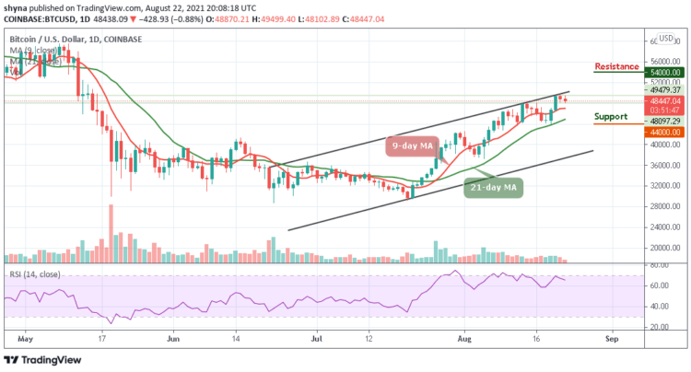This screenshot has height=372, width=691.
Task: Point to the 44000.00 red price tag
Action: (662, 132)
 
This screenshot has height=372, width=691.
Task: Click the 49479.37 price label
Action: (662, 90)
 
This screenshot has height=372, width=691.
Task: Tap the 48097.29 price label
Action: (662, 121)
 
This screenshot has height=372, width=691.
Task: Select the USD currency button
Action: (665, 40)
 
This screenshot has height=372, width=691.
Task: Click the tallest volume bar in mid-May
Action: (111, 234)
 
